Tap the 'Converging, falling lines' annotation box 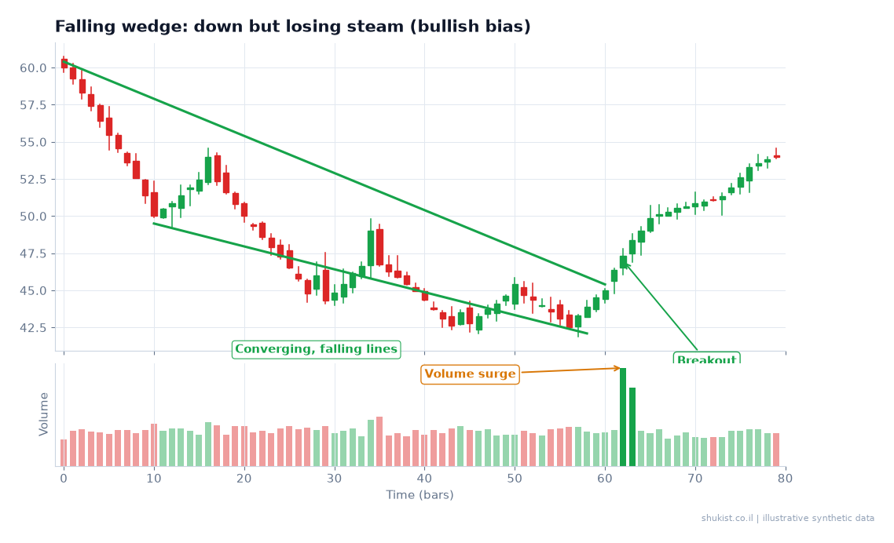[x=316, y=349]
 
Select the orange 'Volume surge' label [x=470, y=374]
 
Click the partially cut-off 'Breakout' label [x=706, y=359]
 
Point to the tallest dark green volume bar [x=623, y=417]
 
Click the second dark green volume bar [x=632, y=427]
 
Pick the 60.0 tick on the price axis [x=33, y=68]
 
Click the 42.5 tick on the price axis [x=33, y=328]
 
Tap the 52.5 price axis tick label [x=33, y=180]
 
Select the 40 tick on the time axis [x=424, y=479]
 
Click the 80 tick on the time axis [x=785, y=479]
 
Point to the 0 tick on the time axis [x=64, y=479]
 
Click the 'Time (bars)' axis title [x=420, y=494]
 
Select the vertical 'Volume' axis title [x=44, y=414]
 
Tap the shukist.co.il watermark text [x=787, y=519]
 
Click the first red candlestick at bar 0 [x=64, y=64]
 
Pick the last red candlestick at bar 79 [x=776, y=155]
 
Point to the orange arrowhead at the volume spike [x=617, y=369]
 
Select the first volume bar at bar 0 [x=64, y=453]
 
